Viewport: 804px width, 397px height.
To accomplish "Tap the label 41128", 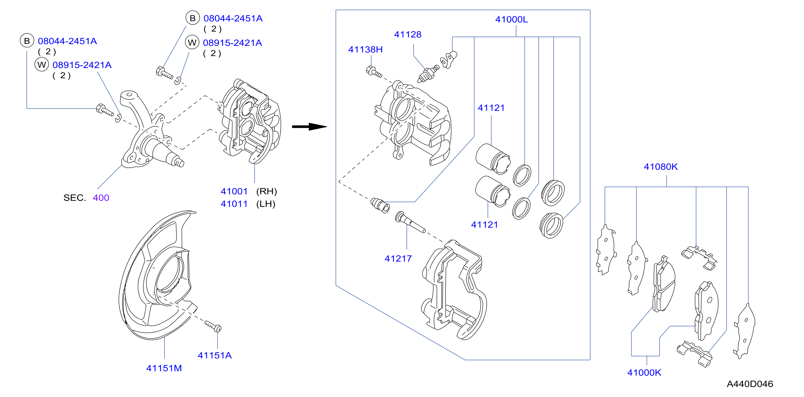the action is [x=408, y=34].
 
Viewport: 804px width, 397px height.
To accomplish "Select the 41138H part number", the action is [x=365, y=49].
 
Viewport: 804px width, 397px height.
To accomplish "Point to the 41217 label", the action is [x=398, y=258].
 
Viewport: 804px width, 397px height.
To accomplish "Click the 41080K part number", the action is [x=661, y=167].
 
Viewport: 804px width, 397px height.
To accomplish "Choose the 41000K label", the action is [x=644, y=372].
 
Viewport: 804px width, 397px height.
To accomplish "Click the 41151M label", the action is [x=164, y=368].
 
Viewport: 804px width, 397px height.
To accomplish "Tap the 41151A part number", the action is [x=215, y=355].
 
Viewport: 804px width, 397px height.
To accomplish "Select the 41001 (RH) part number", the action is [x=249, y=191].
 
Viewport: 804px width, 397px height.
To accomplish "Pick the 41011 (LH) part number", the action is [x=248, y=204].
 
